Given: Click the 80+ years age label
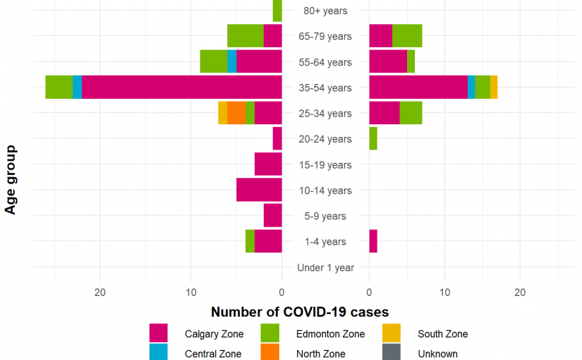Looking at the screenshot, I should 325,11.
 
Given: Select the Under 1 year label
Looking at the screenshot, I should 325,268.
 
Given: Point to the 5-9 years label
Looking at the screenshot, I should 325,216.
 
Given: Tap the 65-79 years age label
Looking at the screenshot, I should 325,36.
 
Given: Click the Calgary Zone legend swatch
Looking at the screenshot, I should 158,333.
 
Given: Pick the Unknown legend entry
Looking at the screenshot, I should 437,354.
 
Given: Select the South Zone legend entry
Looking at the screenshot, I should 442,334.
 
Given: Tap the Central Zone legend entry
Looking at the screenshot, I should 212,354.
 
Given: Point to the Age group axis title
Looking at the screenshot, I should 11,179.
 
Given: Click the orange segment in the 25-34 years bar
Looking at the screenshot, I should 236,113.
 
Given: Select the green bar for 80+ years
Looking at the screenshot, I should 277,11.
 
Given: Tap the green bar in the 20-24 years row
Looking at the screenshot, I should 373,138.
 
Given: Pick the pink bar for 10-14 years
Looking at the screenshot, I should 259,190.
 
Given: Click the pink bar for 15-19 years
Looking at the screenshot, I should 268,164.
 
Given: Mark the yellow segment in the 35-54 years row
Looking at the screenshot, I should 494,87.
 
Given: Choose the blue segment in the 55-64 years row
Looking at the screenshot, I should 231,61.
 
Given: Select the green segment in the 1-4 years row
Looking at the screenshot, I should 250,241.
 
